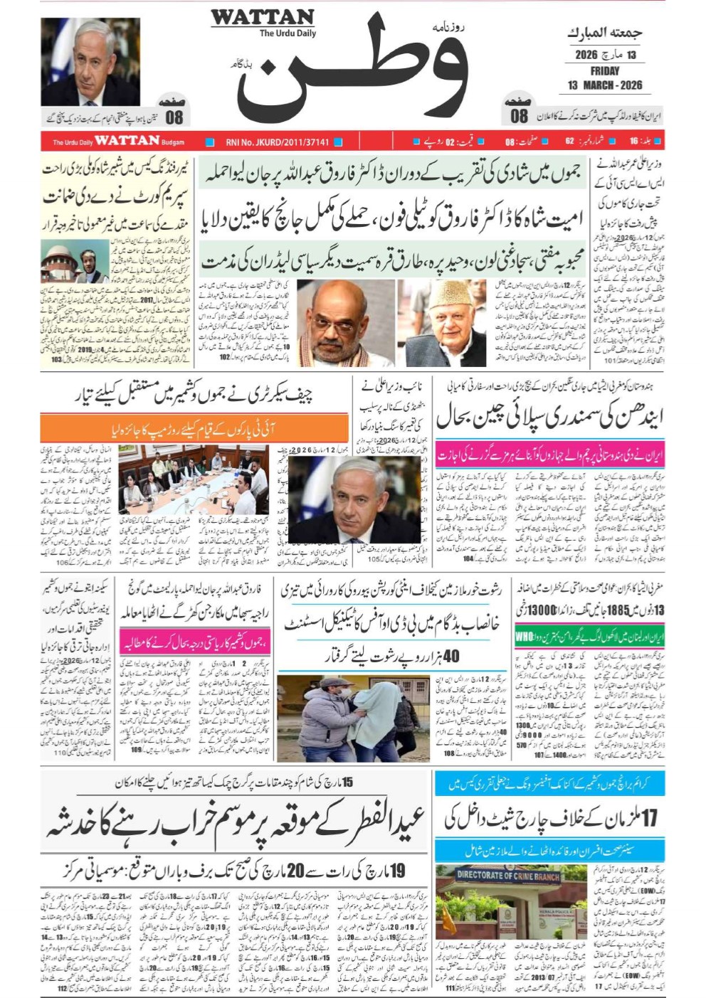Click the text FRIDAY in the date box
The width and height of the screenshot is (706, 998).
pos(604,71)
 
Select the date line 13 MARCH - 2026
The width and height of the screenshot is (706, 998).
pos(604,85)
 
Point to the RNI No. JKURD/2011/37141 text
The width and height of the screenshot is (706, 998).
pos(277,142)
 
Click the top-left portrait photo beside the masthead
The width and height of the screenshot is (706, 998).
pos(90,63)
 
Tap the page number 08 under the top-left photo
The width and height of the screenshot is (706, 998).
pos(174,117)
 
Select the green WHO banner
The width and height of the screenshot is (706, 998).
pos(589,636)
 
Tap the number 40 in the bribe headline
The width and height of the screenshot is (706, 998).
pos(451,655)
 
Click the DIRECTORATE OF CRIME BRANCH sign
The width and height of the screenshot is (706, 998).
pos(507,876)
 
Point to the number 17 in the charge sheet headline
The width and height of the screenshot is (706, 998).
pos(649,818)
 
